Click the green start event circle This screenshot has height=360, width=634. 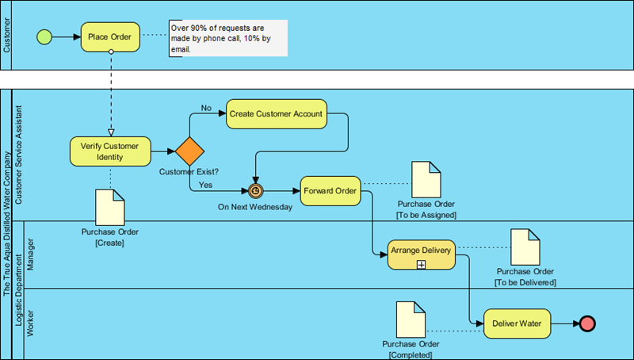44,36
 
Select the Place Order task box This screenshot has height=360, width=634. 111,36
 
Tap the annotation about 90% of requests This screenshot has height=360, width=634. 227,38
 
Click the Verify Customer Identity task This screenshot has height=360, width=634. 110,151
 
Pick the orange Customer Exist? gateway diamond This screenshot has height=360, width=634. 190,151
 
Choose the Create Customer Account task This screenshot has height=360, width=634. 276,114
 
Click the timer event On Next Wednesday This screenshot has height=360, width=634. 255,190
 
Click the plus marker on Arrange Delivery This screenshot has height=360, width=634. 421,264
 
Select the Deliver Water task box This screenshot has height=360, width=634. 517,324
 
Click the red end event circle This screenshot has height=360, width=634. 587,324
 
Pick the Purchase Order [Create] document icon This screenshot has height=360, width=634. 110,207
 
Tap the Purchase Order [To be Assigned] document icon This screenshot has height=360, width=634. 426,180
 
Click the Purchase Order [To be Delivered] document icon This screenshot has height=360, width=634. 524,247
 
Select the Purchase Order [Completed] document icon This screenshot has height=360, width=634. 410,319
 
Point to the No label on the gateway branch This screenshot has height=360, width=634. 206,108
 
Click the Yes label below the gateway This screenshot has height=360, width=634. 206,184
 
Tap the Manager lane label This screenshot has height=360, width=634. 31,254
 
